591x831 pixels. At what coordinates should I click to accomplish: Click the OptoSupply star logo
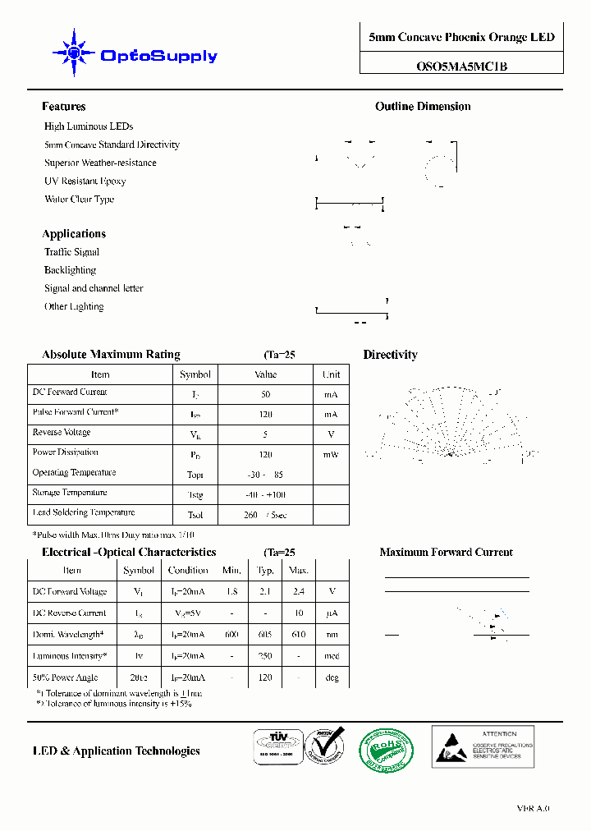74,54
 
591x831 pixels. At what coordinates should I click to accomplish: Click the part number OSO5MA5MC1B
461,67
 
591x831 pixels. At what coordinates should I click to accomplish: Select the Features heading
63,107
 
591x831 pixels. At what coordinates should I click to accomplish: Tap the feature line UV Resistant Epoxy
85,181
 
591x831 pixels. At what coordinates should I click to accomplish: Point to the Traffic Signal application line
71,252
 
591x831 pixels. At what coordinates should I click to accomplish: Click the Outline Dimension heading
423,107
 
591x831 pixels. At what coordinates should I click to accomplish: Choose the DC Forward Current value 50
265,394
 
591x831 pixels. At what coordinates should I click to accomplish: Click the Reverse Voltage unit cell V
331,434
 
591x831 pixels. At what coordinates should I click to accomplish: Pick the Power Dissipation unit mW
331,454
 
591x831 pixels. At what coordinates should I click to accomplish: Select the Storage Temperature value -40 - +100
266,495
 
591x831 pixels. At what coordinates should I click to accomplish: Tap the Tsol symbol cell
195,515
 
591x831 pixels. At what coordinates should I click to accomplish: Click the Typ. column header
265,570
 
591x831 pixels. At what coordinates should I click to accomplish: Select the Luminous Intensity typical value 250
265,656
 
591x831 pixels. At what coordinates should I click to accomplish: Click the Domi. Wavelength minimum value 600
231,634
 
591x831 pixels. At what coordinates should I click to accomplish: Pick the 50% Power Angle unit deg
332,678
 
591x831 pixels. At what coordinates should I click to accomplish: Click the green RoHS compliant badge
386,749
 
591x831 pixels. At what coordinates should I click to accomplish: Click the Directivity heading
390,355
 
